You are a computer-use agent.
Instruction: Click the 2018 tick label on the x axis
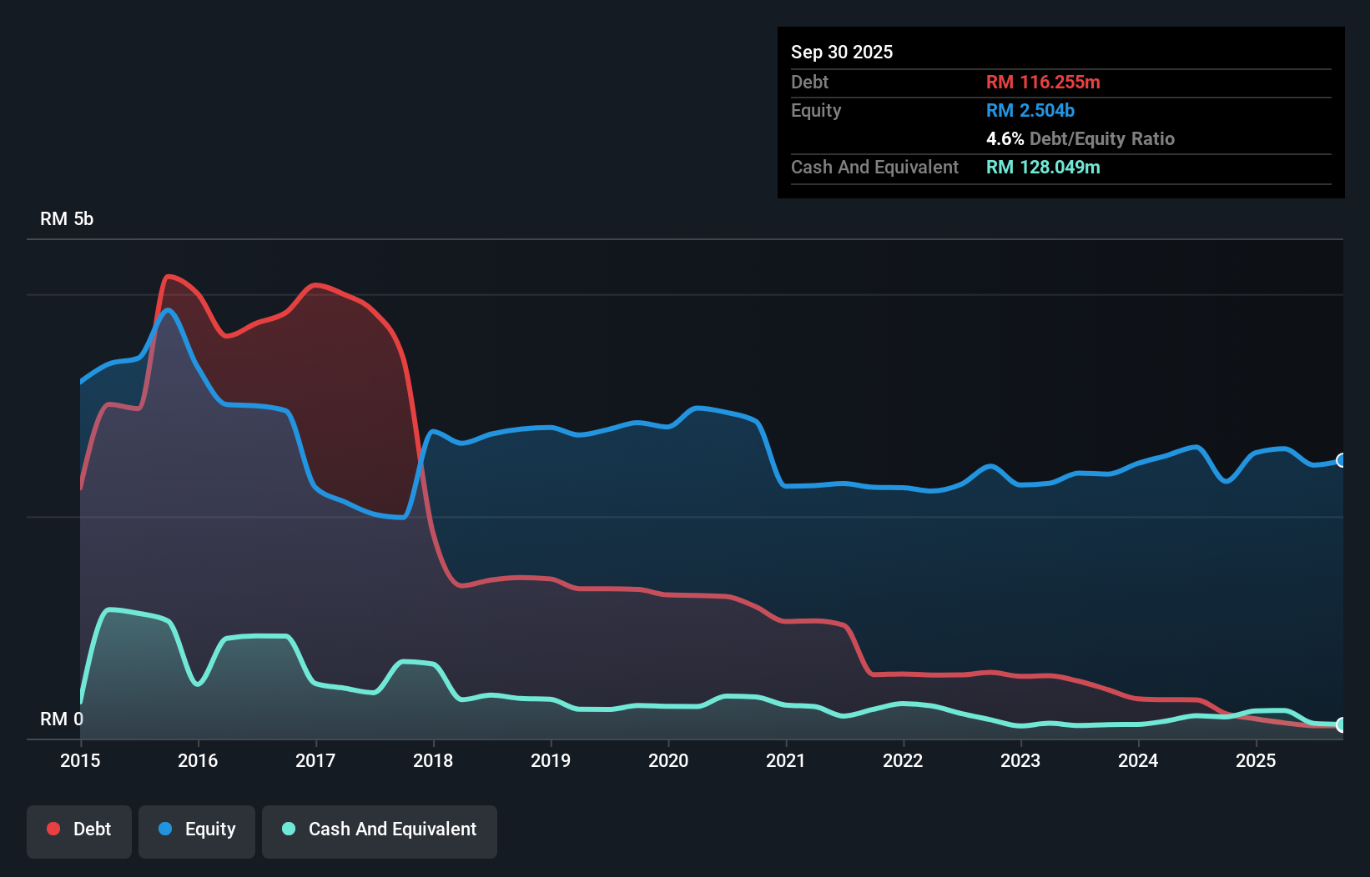pyautogui.click(x=433, y=760)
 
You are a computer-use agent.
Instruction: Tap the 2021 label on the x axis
pyautogui.click(x=785, y=760)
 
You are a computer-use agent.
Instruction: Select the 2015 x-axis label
pyautogui.click(x=80, y=760)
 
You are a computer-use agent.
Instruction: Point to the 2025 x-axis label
pyautogui.click(x=1256, y=760)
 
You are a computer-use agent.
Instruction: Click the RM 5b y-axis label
pyautogui.click(x=67, y=219)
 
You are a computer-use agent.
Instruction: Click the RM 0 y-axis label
pyautogui.click(x=62, y=719)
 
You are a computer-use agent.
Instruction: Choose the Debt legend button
pyautogui.click(x=79, y=829)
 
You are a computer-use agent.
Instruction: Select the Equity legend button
pyautogui.click(x=197, y=829)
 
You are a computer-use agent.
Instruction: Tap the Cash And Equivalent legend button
pyautogui.click(x=380, y=829)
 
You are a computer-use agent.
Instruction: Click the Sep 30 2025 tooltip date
pyautogui.click(x=841, y=52)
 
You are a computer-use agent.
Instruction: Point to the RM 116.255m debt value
pyautogui.click(x=1042, y=82)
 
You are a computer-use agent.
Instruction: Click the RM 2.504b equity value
pyautogui.click(x=1030, y=110)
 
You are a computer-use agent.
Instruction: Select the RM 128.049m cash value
pyautogui.click(x=1042, y=167)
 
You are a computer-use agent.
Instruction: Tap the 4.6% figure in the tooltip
pyautogui.click(x=1005, y=138)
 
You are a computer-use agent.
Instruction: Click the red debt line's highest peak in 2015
pyautogui.click(x=169, y=276)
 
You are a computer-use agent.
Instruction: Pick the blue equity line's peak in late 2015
pyautogui.click(x=169, y=311)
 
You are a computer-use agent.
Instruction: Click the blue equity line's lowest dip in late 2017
pyautogui.click(x=403, y=518)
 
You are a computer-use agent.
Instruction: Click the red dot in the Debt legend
pyautogui.click(x=53, y=829)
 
